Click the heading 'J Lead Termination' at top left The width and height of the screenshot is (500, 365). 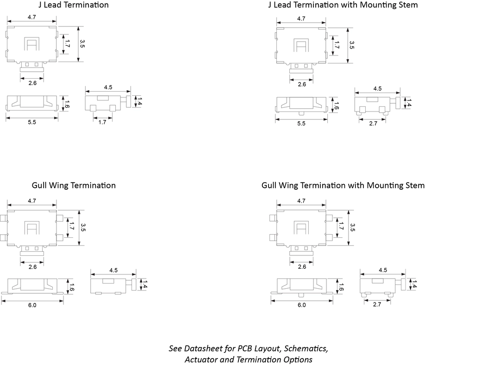(x=73, y=5)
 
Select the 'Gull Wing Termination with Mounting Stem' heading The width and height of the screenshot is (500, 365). (x=343, y=186)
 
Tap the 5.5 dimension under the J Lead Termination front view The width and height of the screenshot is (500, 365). (x=32, y=123)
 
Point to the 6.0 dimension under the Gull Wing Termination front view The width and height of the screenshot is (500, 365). (x=32, y=305)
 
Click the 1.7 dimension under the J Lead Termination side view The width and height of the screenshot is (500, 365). (x=103, y=123)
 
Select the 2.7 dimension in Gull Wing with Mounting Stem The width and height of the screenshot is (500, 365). (x=376, y=304)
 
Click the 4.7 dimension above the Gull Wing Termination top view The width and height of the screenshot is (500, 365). (x=32, y=201)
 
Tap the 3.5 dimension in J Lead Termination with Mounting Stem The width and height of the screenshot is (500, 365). (x=352, y=45)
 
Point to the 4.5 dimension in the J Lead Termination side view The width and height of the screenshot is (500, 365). (x=108, y=87)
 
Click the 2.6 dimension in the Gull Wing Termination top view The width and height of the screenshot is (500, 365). (x=32, y=267)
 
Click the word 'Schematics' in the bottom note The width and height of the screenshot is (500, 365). (x=306, y=348)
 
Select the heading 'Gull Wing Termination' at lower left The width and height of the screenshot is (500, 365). (x=74, y=186)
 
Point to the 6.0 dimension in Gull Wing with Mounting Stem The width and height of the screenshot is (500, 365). (x=301, y=305)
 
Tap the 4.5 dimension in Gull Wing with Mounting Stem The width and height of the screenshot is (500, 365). (x=382, y=270)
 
